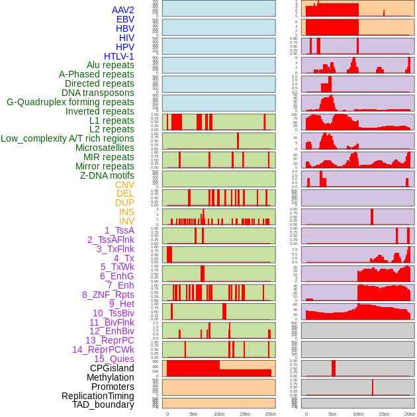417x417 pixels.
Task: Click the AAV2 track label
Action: (123, 10)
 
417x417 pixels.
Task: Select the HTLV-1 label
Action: (119, 56)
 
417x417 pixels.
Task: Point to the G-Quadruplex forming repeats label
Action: (70, 102)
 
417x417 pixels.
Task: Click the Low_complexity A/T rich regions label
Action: (68, 138)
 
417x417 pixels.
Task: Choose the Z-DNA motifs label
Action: (107, 175)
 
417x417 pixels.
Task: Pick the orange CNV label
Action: (124, 185)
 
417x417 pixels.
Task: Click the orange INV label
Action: (126, 221)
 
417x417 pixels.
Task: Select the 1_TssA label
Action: (119, 230)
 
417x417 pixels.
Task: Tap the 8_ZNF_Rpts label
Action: (108, 295)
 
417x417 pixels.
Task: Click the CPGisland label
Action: (112, 368)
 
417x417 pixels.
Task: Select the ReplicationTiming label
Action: (98, 396)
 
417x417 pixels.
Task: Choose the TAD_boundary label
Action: (103, 404)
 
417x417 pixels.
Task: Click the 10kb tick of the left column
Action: (218, 414)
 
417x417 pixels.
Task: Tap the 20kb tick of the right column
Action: (409, 414)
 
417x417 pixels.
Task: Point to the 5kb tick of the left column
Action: (193, 414)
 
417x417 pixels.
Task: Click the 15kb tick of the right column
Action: (383, 414)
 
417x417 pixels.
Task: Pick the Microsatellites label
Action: (105, 148)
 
